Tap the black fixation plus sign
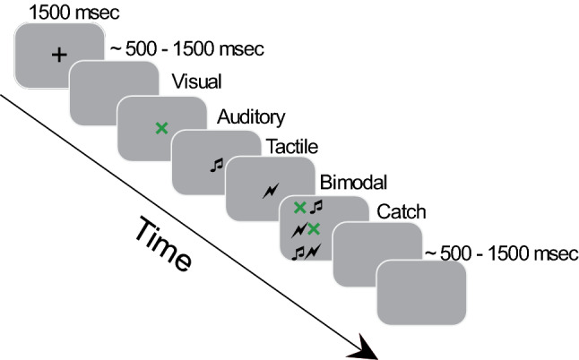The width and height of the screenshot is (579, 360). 59,56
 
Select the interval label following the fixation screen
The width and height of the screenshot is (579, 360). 186,50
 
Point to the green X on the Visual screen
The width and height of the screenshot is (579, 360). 161,128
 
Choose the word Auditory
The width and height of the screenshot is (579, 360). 251,116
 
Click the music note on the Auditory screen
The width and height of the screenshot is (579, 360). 215,163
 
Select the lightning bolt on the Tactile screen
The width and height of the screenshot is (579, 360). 270,190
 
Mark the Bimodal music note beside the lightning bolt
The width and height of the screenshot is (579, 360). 299,253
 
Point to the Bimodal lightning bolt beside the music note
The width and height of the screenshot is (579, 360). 314,253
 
